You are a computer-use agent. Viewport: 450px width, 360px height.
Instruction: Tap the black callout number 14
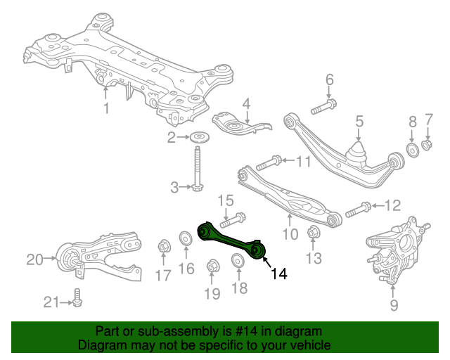pyautogui.click(x=279, y=274)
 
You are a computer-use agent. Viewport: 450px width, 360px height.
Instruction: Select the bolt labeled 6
pyautogui.click(x=323, y=106)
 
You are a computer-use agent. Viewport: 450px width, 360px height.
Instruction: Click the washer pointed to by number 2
pyautogui.click(x=200, y=137)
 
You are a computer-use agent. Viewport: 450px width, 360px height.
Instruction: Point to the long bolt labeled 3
pyautogui.click(x=197, y=169)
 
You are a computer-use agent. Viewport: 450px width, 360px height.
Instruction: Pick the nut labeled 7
pyautogui.click(x=427, y=144)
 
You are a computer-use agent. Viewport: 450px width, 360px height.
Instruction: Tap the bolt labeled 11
pyautogui.click(x=269, y=163)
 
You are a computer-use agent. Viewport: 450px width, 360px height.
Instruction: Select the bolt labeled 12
pyautogui.click(x=358, y=210)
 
